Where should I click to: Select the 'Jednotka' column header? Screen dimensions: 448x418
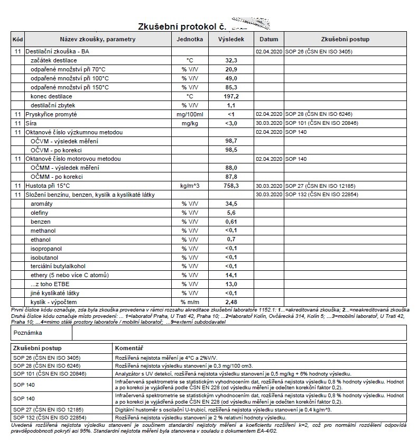point(190,39)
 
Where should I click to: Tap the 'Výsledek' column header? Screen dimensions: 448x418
point(231,39)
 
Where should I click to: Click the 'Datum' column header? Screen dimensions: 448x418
point(269,39)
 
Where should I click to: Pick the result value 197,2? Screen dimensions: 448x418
point(231,96)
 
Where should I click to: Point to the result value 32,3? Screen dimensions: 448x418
point(231,61)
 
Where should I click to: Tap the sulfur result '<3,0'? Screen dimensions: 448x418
point(231,123)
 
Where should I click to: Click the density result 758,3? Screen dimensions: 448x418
point(231,186)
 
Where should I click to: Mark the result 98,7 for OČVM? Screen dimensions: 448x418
point(231,141)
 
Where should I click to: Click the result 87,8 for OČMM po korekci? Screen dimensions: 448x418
point(231,177)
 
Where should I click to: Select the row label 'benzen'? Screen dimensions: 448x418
point(41,222)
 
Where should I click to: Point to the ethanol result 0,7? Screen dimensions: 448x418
point(231,239)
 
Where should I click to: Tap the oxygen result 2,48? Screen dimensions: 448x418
point(231,301)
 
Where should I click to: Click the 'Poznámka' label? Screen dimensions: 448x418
point(29,333)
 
